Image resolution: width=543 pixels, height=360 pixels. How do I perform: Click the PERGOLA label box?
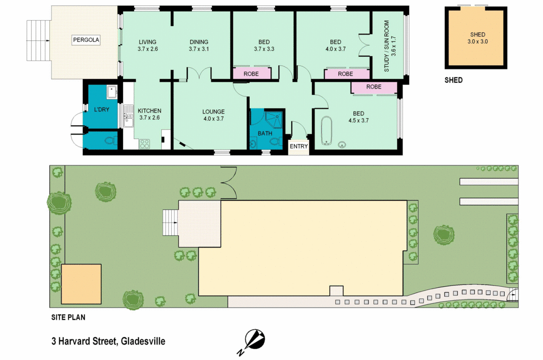click(x=86, y=40)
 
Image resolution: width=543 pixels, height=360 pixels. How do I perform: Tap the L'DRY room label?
click(x=101, y=110)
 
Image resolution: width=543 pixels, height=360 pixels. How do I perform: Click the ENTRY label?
click(x=299, y=146)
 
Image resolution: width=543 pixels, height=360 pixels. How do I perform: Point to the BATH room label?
click(x=265, y=133)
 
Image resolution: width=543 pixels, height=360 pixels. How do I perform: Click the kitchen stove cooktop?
click(x=145, y=143)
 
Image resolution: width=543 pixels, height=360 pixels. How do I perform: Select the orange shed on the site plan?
click(x=81, y=284)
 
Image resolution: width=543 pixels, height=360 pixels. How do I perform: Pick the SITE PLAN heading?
click(x=68, y=318)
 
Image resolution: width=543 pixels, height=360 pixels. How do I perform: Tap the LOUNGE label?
click(x=213, y=112)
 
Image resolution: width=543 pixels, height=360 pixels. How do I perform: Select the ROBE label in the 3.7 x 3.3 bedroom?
click(x=251, y=74)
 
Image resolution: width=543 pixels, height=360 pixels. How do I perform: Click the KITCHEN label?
click(x=149, y=111)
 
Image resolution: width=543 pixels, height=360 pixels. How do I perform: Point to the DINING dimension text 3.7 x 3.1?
click(x=199, y=49)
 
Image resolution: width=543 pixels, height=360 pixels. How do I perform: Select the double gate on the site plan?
click(x=228, y=182)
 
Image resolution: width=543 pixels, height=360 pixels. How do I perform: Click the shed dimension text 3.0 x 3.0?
click(x=477, y=41)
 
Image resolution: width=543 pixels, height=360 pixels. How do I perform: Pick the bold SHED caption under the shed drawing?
click(x=453, y=81)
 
